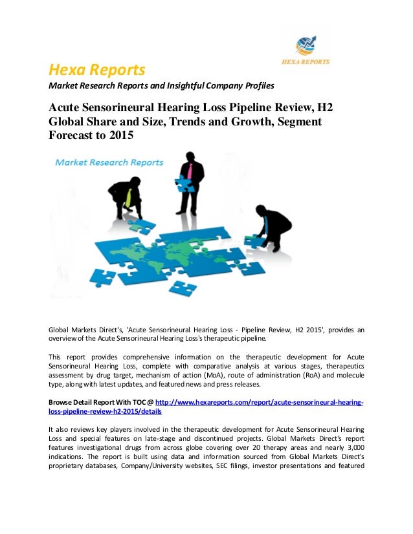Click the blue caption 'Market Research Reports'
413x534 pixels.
click(109, 163)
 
